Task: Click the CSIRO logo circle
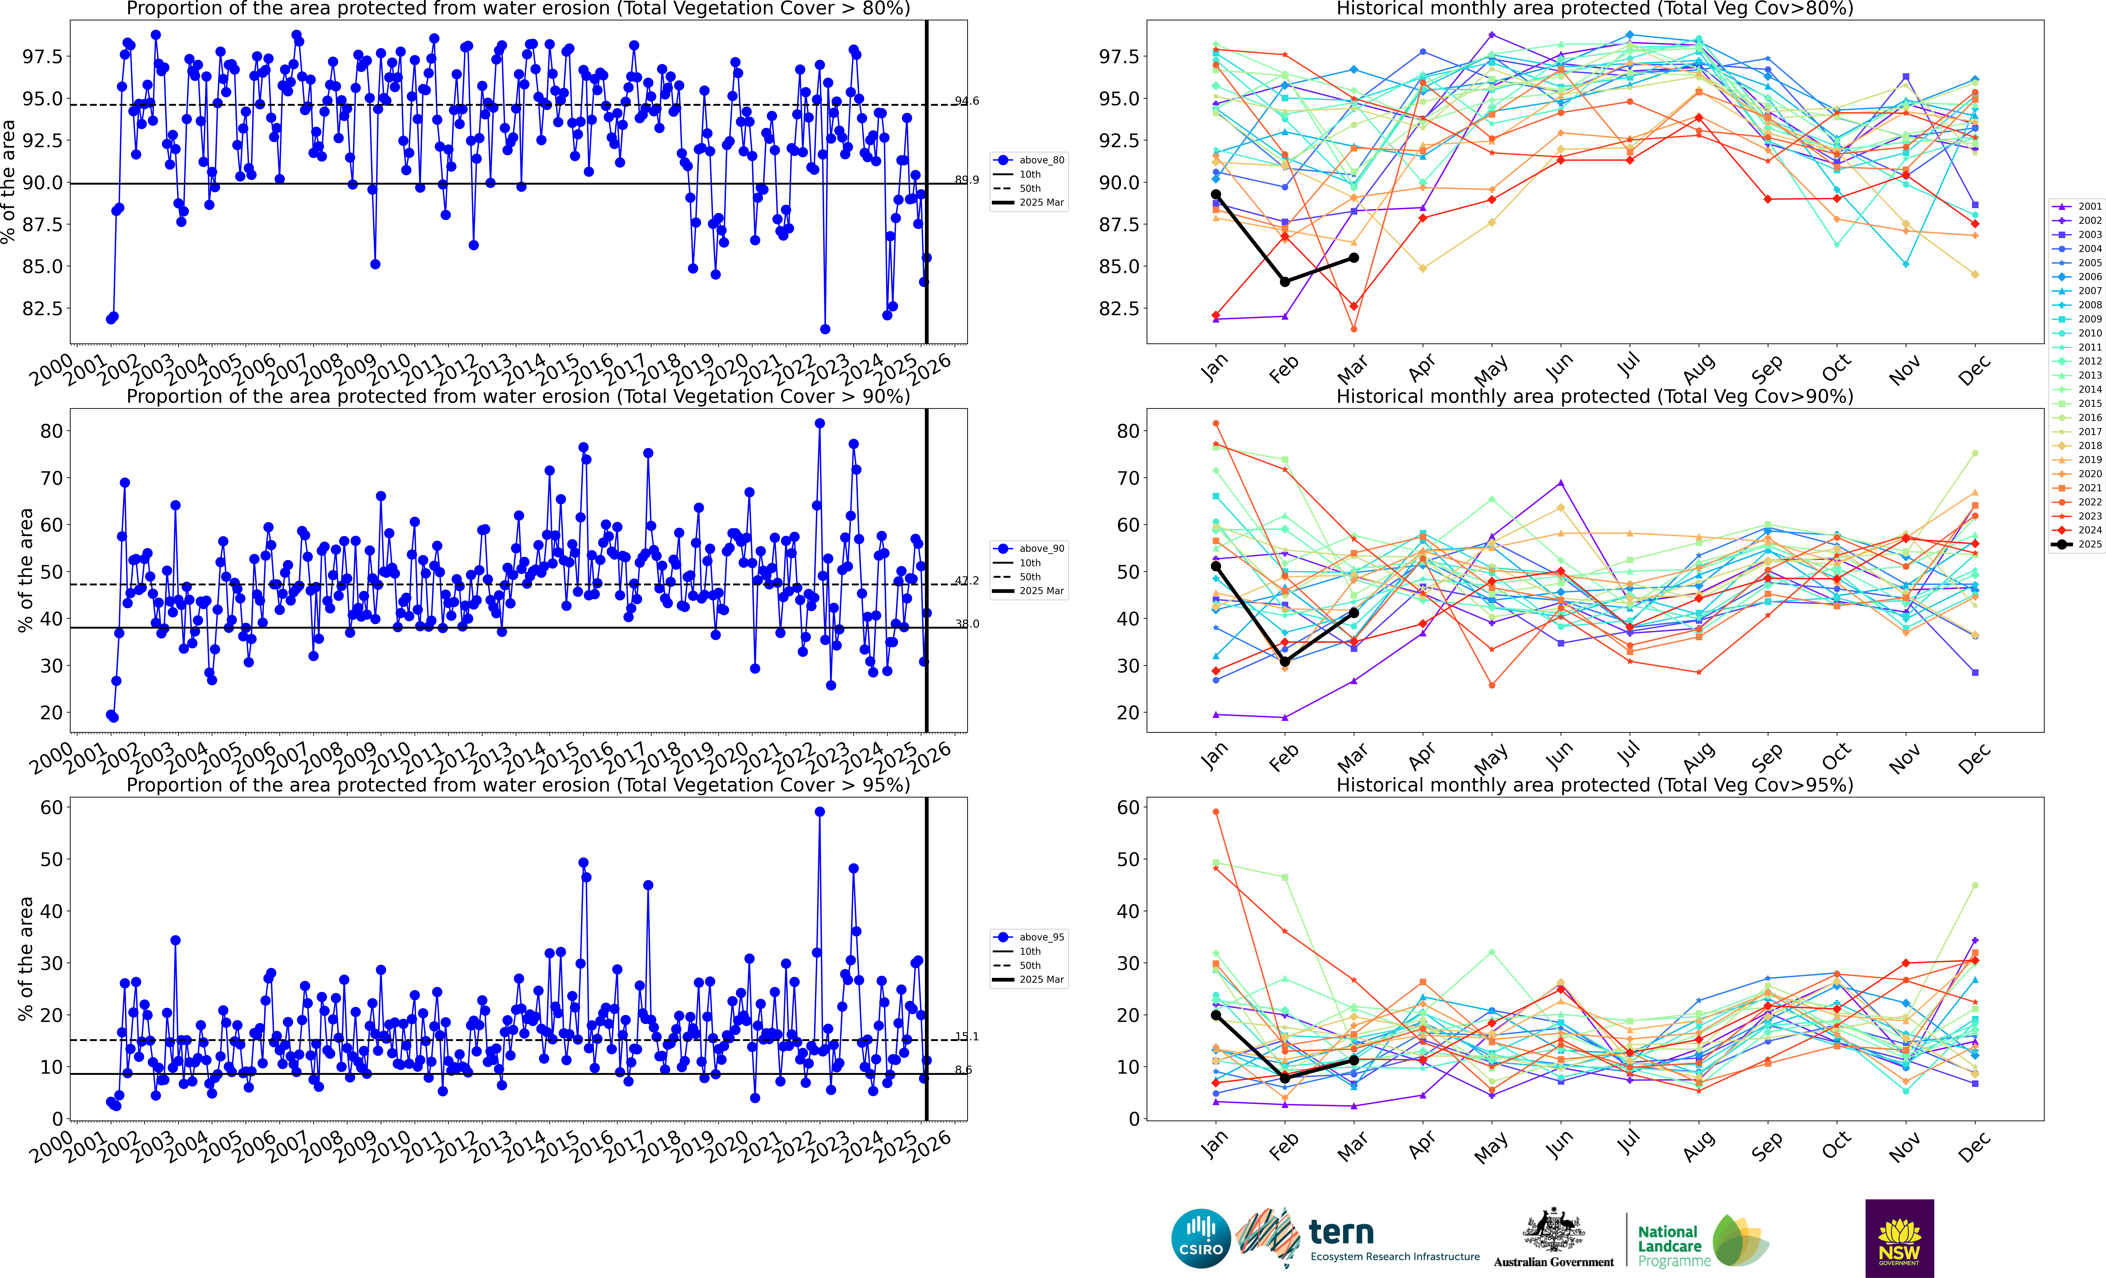(x=1201, y=1238)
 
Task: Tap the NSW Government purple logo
(x=1899, y=1238)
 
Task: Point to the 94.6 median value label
(x=967, y=101)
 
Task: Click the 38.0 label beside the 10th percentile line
(x=967, y=624)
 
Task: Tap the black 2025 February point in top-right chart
(x=1285, y=281)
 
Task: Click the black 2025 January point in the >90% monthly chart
(x=1215, y=566)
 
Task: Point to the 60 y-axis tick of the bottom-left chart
(x=51, y=807)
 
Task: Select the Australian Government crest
(x=1553, y=1231)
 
